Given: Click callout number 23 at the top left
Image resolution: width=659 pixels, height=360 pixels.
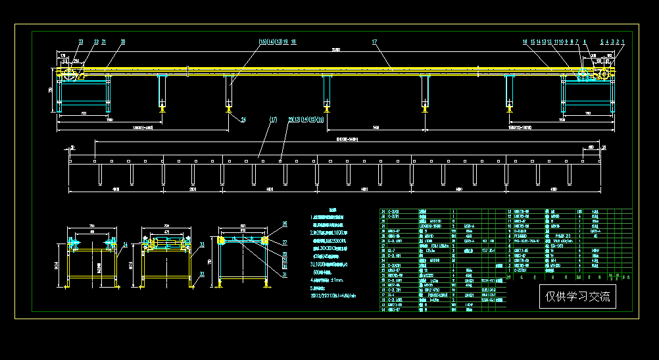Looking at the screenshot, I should click(81, 41).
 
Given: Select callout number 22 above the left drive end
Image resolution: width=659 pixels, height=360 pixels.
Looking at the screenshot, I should click(96, 41).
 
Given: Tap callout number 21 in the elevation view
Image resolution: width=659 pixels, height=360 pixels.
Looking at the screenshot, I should click(104, 41).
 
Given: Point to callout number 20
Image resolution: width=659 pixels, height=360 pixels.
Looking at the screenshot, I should click(122, 41).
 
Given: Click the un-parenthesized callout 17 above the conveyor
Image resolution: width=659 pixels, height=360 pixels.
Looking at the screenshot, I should click(374, 41).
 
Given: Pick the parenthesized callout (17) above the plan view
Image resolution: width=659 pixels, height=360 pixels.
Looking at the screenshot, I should click(274, 120).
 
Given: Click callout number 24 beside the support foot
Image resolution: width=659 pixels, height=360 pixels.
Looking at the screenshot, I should click(243, 119).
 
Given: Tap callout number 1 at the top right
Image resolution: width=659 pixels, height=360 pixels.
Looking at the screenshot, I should click(623, 41).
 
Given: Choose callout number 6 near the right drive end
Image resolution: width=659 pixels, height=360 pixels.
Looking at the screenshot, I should click(584, 41).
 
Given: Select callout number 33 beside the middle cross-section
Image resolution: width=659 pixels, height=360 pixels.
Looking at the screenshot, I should click(201, 244).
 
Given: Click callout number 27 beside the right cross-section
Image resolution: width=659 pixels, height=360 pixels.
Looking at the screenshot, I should click(285, 242).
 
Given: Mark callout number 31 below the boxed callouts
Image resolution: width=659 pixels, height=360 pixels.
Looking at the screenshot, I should click(285, 275).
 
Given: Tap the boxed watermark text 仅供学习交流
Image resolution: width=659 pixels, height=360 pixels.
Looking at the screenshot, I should click(577, 297).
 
